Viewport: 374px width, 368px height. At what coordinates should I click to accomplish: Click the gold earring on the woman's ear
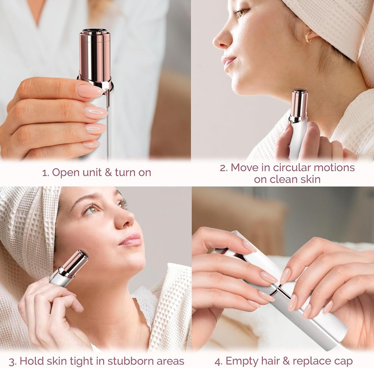[x=308, y=38]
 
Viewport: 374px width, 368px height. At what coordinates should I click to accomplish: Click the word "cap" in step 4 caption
[x=343, y=361]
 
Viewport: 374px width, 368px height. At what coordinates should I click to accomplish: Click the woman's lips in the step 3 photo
[x=131, y=239]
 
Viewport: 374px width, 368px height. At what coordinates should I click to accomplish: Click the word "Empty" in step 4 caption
[x=242, y=361]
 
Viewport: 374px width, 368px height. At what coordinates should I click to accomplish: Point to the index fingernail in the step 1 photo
[x=89, y=91]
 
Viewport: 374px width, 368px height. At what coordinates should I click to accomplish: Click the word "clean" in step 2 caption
[x=284, y=179]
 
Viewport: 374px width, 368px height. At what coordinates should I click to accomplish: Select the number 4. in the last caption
[x=218, y=361]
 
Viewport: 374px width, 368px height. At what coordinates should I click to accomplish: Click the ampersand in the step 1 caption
[x=108, y=173]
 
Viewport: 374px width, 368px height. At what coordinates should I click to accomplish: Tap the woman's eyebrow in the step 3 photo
[x=85, y=198]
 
